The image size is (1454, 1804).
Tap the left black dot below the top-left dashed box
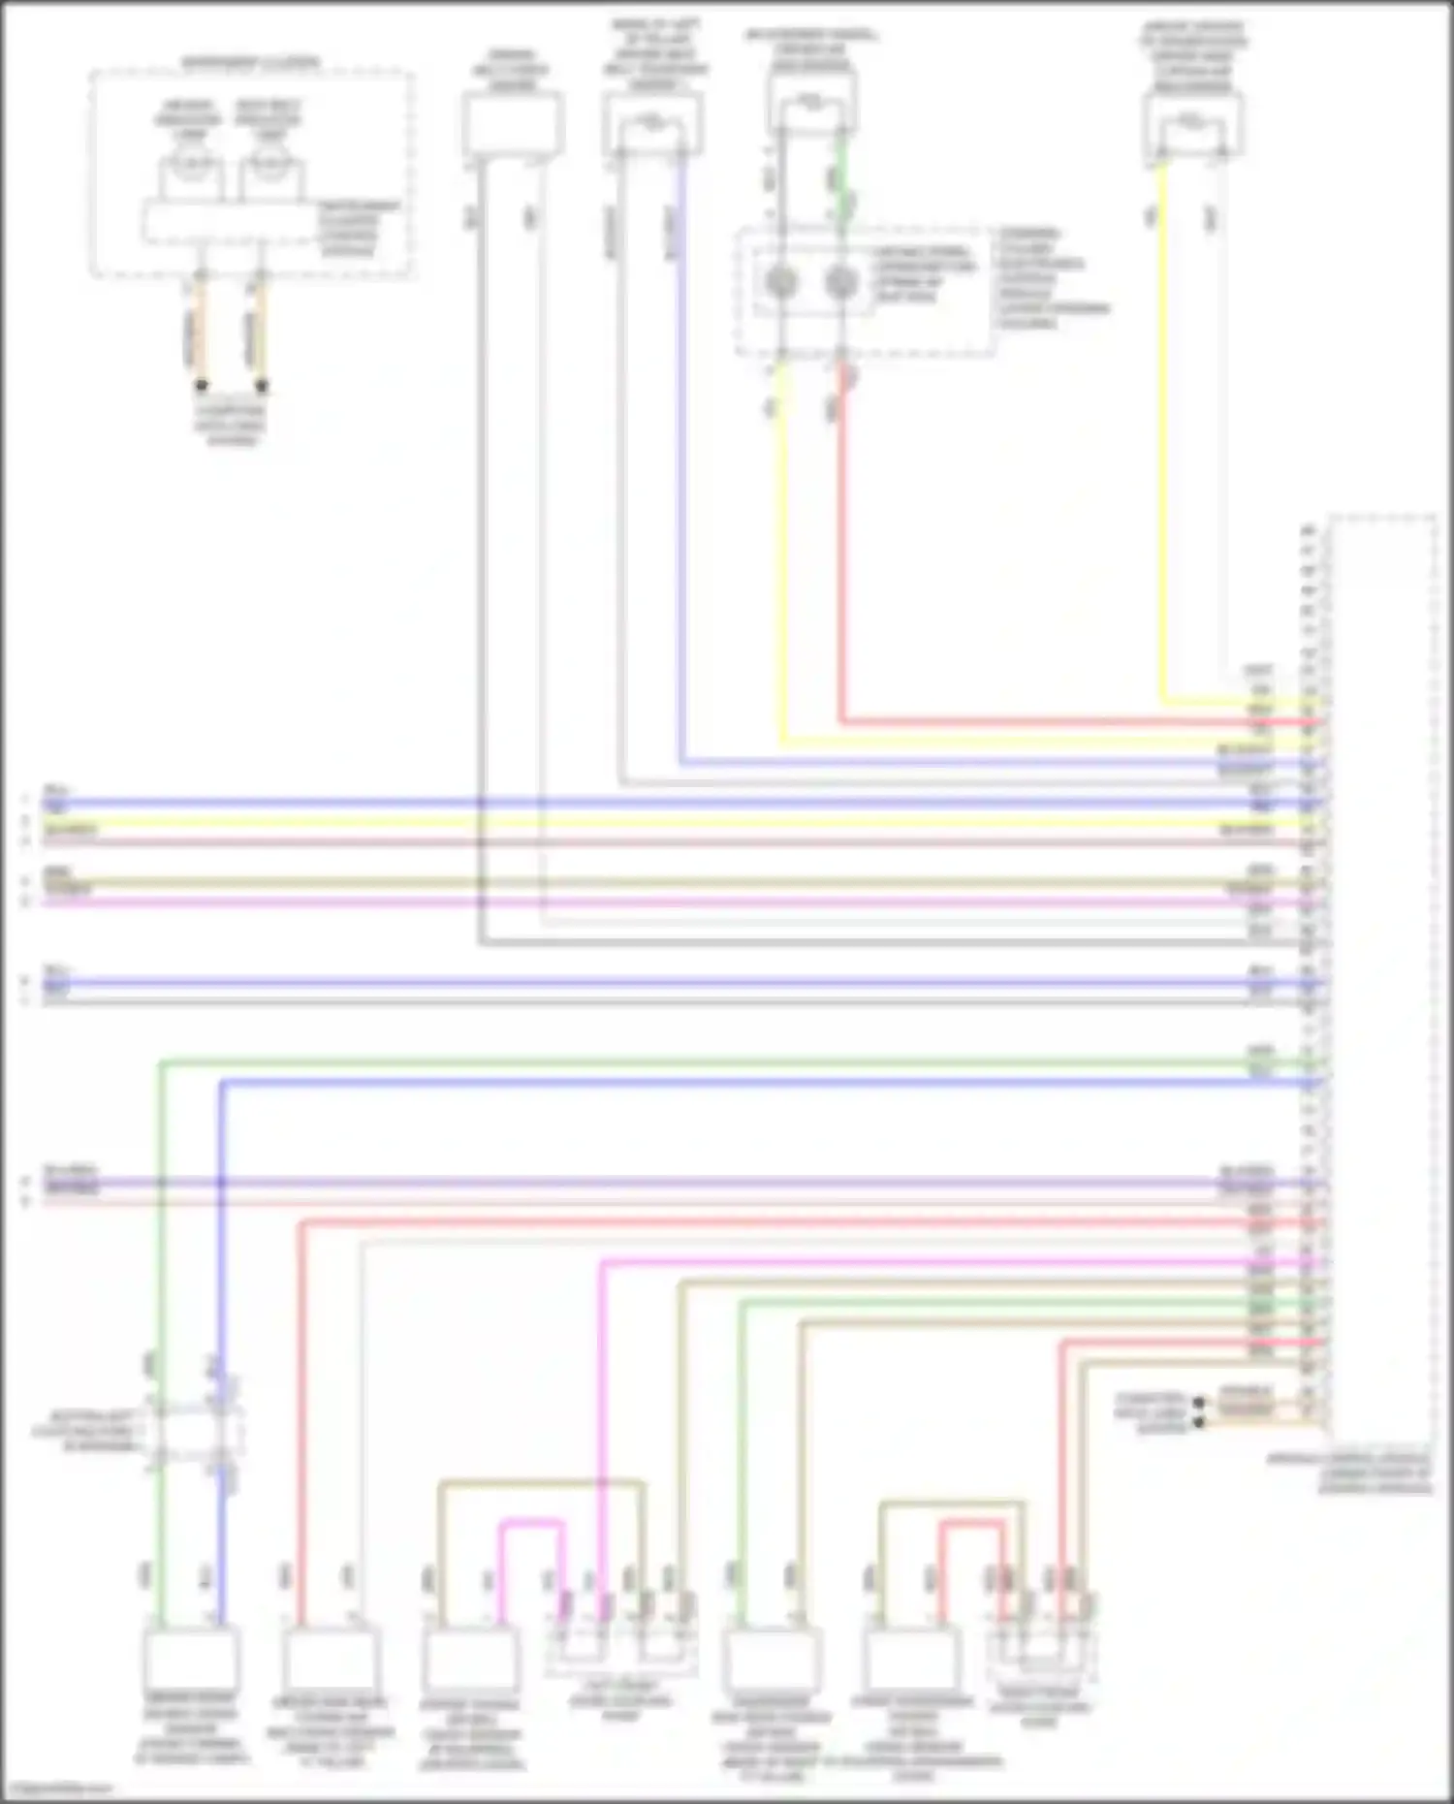(203, 385)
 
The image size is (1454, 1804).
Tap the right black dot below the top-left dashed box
(262, 385)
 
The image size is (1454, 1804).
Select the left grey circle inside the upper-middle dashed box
(781, 282)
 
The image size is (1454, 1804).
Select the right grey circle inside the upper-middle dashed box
(841, 282)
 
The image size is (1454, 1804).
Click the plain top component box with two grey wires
(513, 126)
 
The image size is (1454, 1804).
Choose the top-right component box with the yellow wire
(1192, 126)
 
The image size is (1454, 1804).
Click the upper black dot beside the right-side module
(1199, 1403)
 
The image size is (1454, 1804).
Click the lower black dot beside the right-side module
(1199, 1422)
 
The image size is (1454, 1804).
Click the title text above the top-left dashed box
(251, 64)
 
